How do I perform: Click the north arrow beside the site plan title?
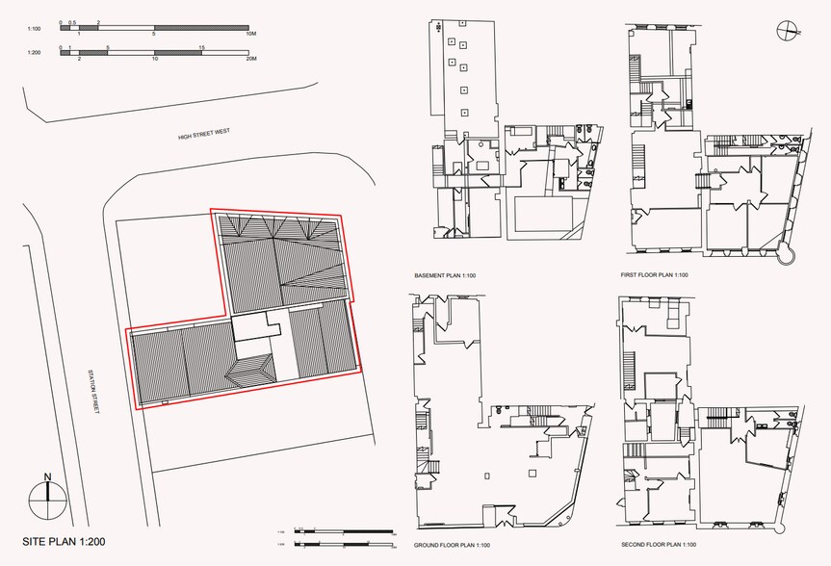[45, 496]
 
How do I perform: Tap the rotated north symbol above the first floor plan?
[788, 32]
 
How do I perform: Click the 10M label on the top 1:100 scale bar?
[250, 34]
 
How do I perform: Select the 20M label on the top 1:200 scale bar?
[250, 59]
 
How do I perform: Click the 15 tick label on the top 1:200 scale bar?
[201, 47]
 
